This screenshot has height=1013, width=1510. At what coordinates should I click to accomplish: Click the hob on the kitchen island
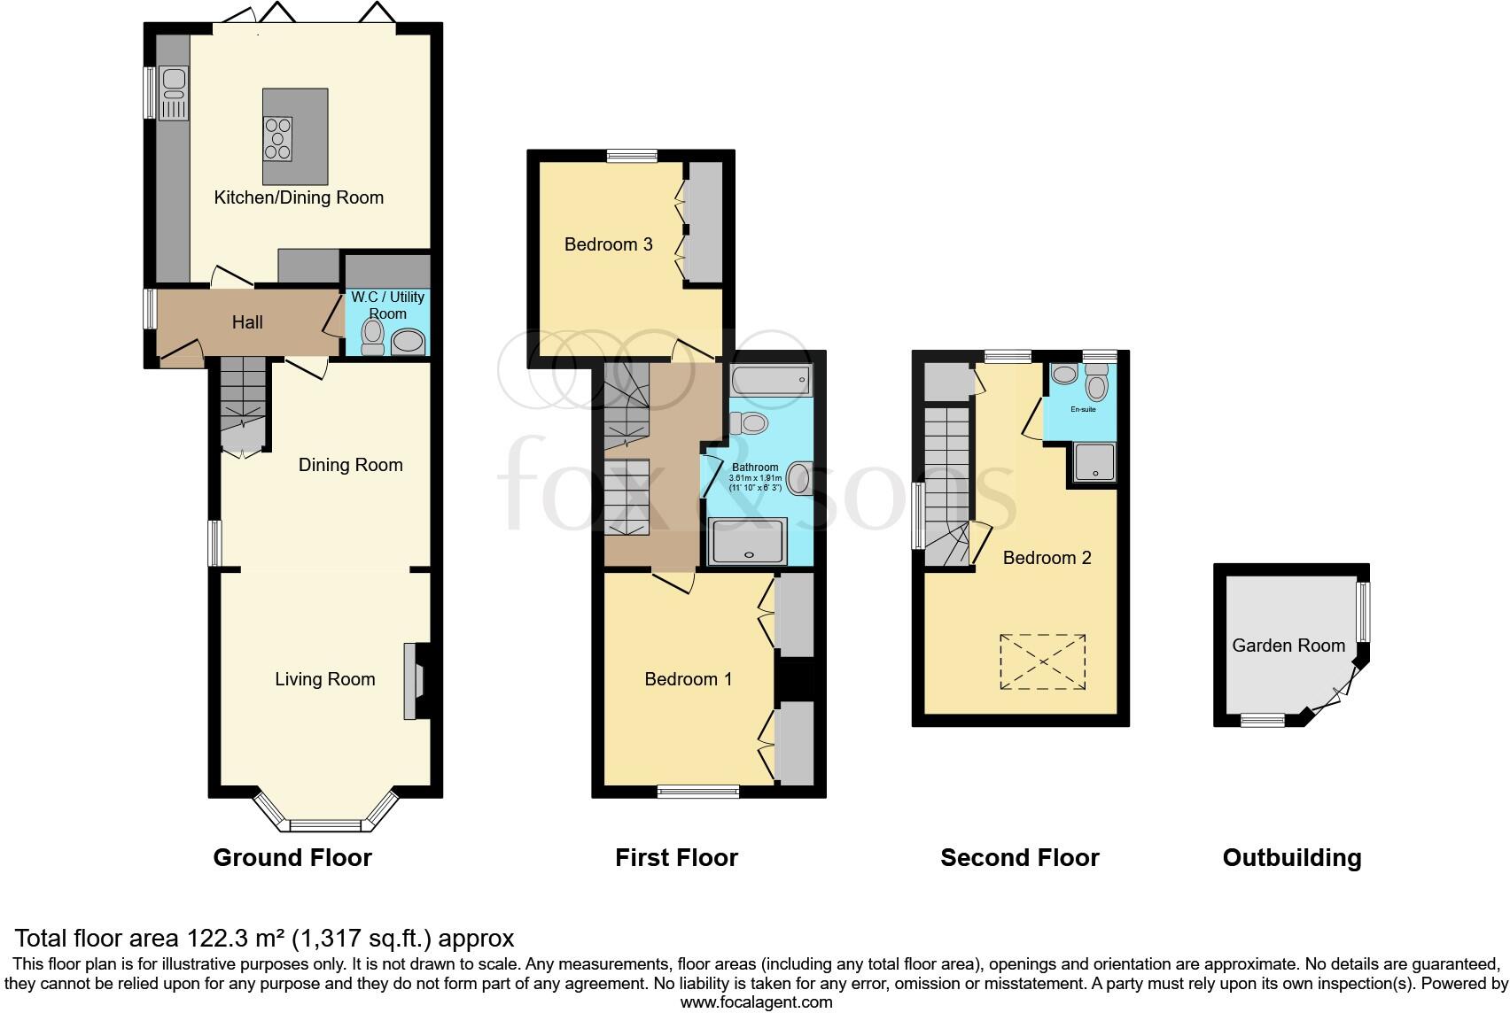[277, 139]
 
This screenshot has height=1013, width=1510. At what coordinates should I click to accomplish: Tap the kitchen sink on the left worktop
[173, 92]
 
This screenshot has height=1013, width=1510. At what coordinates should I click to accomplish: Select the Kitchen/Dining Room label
[299, 197]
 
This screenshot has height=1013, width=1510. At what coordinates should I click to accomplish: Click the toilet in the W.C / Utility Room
[373, 336]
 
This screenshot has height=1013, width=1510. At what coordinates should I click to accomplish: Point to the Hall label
[247, 322]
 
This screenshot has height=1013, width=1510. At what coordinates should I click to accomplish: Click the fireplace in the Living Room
[414, 680]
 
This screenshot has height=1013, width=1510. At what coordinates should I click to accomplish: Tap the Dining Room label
[350, 465]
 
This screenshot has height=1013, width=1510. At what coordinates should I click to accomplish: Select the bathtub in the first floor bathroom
[770, 380]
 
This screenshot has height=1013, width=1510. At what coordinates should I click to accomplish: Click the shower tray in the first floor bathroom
[748, 541]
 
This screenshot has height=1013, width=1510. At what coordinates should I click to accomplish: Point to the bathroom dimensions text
[755, 483]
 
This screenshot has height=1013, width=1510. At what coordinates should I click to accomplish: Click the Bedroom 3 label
[608, 244]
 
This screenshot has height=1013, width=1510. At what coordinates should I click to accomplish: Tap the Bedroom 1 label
[688, 679]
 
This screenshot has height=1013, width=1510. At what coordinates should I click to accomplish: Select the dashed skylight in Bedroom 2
[1042, 661]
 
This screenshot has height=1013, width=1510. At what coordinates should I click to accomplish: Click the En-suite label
[1083, 410]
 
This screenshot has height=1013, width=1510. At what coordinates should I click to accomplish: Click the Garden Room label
[1288, 646]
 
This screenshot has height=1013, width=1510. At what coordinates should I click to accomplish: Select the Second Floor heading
[1019, 857]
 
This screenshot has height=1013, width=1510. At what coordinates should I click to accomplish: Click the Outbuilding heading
[1291, 857]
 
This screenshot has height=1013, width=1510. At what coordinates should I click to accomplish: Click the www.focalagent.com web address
[756, 1002]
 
